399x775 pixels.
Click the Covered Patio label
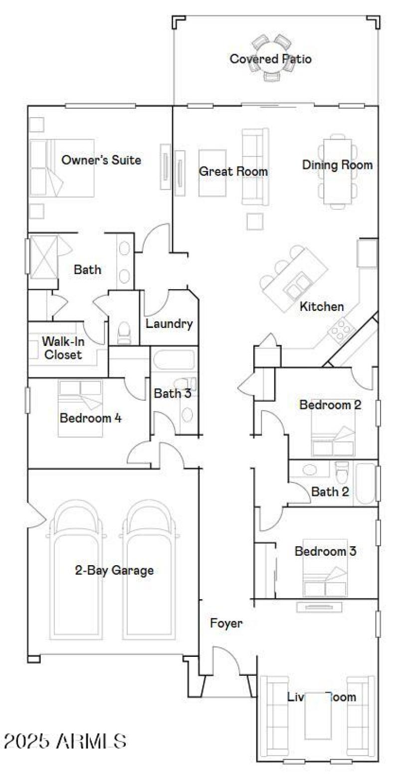(x=270, y=59)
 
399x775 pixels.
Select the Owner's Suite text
(x=101, y=160)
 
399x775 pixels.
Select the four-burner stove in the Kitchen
(x=341, y=329)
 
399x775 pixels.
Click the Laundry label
(x=169, y=324)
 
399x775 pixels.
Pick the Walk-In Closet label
(x=62, y=348)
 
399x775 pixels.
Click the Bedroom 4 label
(x=90, y=418)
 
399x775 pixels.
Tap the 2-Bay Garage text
(x=114, y=570)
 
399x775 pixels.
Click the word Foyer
(x=226, y=623)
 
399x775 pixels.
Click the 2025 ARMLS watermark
(x=65, y=741)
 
